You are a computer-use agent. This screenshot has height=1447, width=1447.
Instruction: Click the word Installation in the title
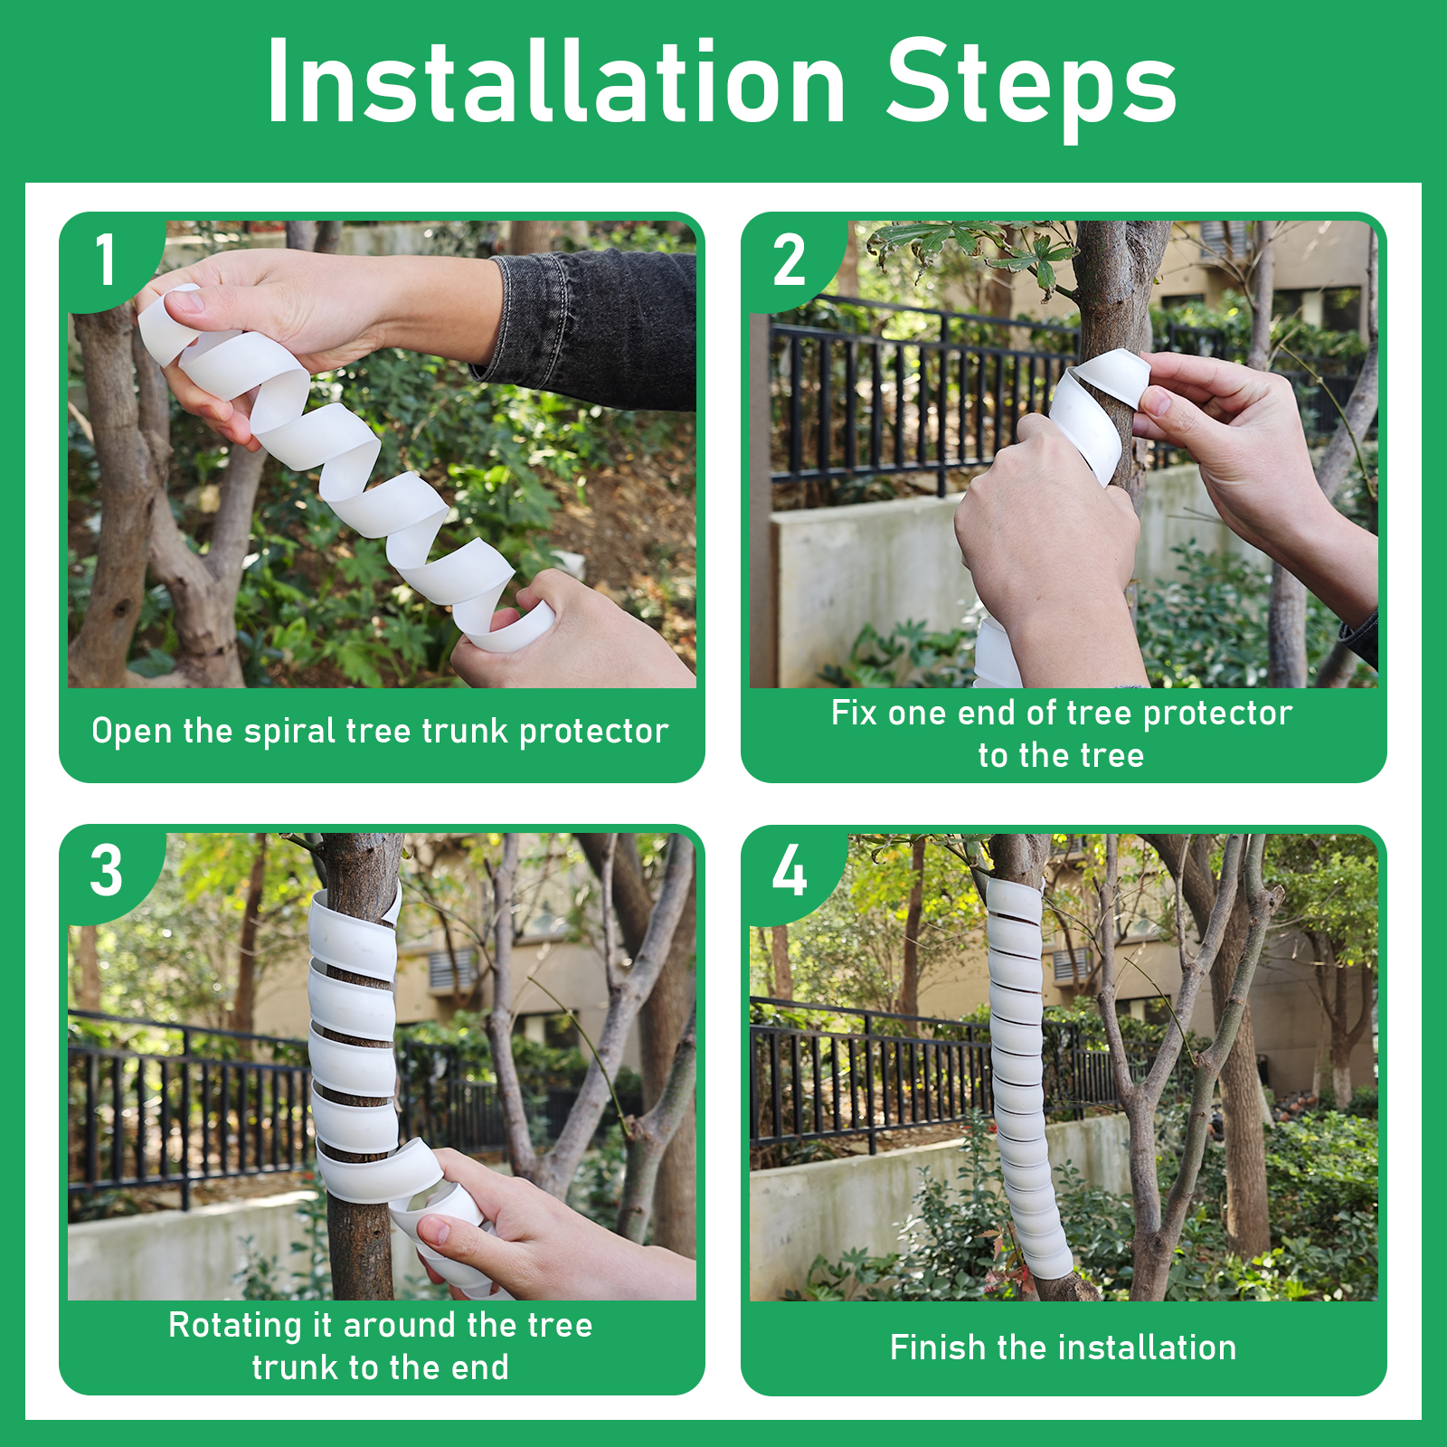[x=556, y=82]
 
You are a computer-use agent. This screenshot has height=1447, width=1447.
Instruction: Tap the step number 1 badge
[x=107, y=260]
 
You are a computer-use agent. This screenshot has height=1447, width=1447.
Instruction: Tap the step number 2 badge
[x=789, y=260]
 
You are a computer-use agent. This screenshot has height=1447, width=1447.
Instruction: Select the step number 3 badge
[x=107, y=872]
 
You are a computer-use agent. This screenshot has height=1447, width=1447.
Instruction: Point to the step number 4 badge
[x=789, y=872]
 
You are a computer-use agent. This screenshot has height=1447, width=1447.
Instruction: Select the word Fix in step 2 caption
[x=854, y=713]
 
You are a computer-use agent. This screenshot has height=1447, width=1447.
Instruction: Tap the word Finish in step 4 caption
[x=938, y=1348]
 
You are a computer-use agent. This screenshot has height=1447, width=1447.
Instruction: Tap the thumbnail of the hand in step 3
[x=432, y=1231]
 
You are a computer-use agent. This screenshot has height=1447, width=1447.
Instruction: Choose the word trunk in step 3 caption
[x=298, y=1367]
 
